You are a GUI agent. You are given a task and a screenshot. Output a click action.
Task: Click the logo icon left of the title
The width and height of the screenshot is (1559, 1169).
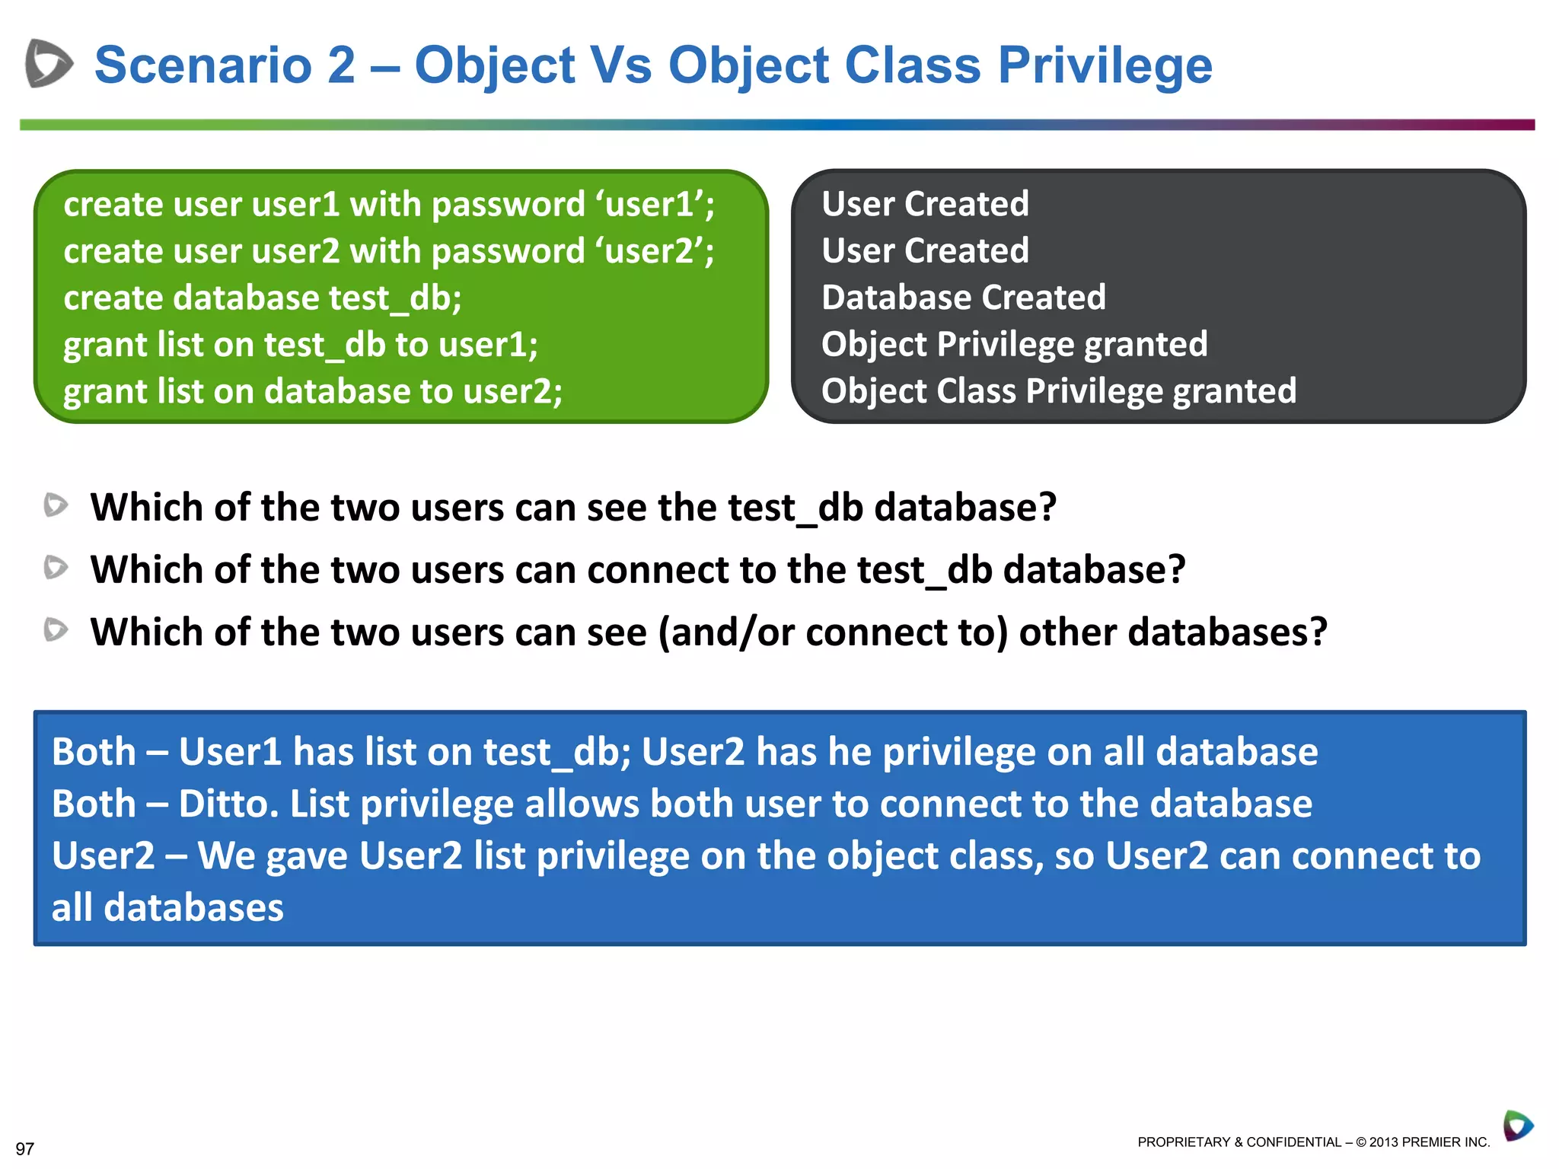click(49, 63)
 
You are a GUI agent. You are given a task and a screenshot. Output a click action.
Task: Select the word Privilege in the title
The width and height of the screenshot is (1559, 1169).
click(1105, 66)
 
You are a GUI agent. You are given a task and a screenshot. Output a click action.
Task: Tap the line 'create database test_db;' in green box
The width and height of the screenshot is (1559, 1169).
click(263, 298)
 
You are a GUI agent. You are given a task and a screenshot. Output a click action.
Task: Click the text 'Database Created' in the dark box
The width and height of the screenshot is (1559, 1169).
click(963, 298)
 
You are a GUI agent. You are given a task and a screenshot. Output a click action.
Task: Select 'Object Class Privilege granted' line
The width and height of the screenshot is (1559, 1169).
click(1058, 391)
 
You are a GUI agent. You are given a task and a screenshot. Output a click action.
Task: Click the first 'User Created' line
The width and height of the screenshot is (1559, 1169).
click(925, 204)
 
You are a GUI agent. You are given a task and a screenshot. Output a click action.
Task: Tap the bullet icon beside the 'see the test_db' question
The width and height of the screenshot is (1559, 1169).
click(56, 505)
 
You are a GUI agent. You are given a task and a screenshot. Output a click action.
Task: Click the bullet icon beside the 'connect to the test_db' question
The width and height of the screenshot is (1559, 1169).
click(56, 568)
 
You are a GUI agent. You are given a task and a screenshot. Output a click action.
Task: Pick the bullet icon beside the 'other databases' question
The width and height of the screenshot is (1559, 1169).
click(56, 630)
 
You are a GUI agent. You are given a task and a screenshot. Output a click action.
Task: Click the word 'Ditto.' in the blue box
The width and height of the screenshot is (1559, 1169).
click(228, 804)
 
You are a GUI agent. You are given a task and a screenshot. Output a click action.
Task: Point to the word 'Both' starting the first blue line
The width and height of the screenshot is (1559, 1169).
click(93, 752)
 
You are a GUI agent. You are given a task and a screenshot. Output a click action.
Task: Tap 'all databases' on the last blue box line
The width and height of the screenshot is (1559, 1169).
click(167, 908)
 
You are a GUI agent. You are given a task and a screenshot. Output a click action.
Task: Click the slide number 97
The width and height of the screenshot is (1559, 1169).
click(25, 1148)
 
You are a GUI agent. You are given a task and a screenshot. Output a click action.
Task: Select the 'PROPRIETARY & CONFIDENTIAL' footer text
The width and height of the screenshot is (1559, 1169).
click(1239, 1142)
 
